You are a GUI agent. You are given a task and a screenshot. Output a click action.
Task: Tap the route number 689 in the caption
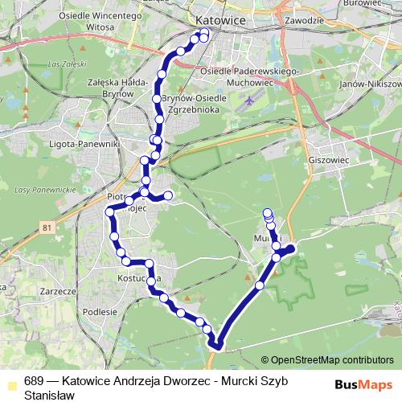(33, 381)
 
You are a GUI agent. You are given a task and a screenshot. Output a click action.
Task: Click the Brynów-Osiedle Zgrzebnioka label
(195, 103)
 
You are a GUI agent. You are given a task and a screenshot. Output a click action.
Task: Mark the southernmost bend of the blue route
(216, 347)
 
